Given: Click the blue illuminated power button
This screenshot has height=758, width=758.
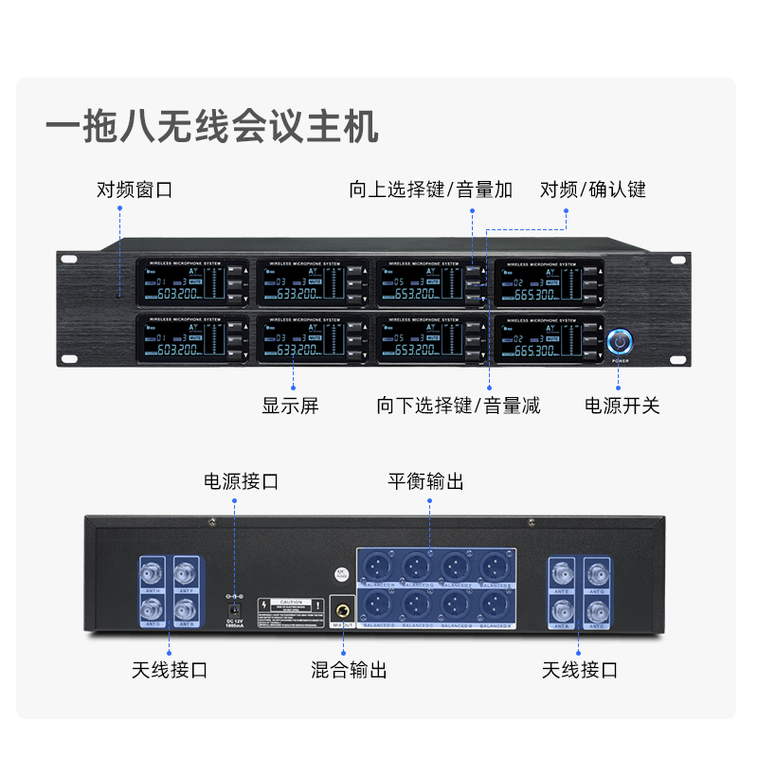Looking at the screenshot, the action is tap(619, 338).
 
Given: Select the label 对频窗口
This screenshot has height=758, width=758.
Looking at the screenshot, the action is tap(135, 189).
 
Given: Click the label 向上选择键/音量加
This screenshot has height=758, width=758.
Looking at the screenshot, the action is tap(430, 189).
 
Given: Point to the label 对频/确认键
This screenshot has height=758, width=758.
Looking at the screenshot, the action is tap(593, 189).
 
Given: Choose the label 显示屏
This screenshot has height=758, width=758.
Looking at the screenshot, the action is tap(290, 406).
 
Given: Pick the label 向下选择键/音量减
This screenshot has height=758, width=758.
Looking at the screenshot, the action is tap(458, 406).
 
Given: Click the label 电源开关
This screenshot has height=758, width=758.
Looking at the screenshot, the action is tap(622, 406).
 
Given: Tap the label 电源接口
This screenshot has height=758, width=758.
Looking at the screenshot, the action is tap(241, 481).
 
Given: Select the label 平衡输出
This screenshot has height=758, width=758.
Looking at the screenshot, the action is tap(425, 481).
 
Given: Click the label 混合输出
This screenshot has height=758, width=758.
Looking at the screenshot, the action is tap(349, 670).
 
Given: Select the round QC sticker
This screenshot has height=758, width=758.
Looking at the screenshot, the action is tap(340, 574).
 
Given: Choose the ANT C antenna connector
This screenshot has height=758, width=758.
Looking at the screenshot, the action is tap(597, 606).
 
